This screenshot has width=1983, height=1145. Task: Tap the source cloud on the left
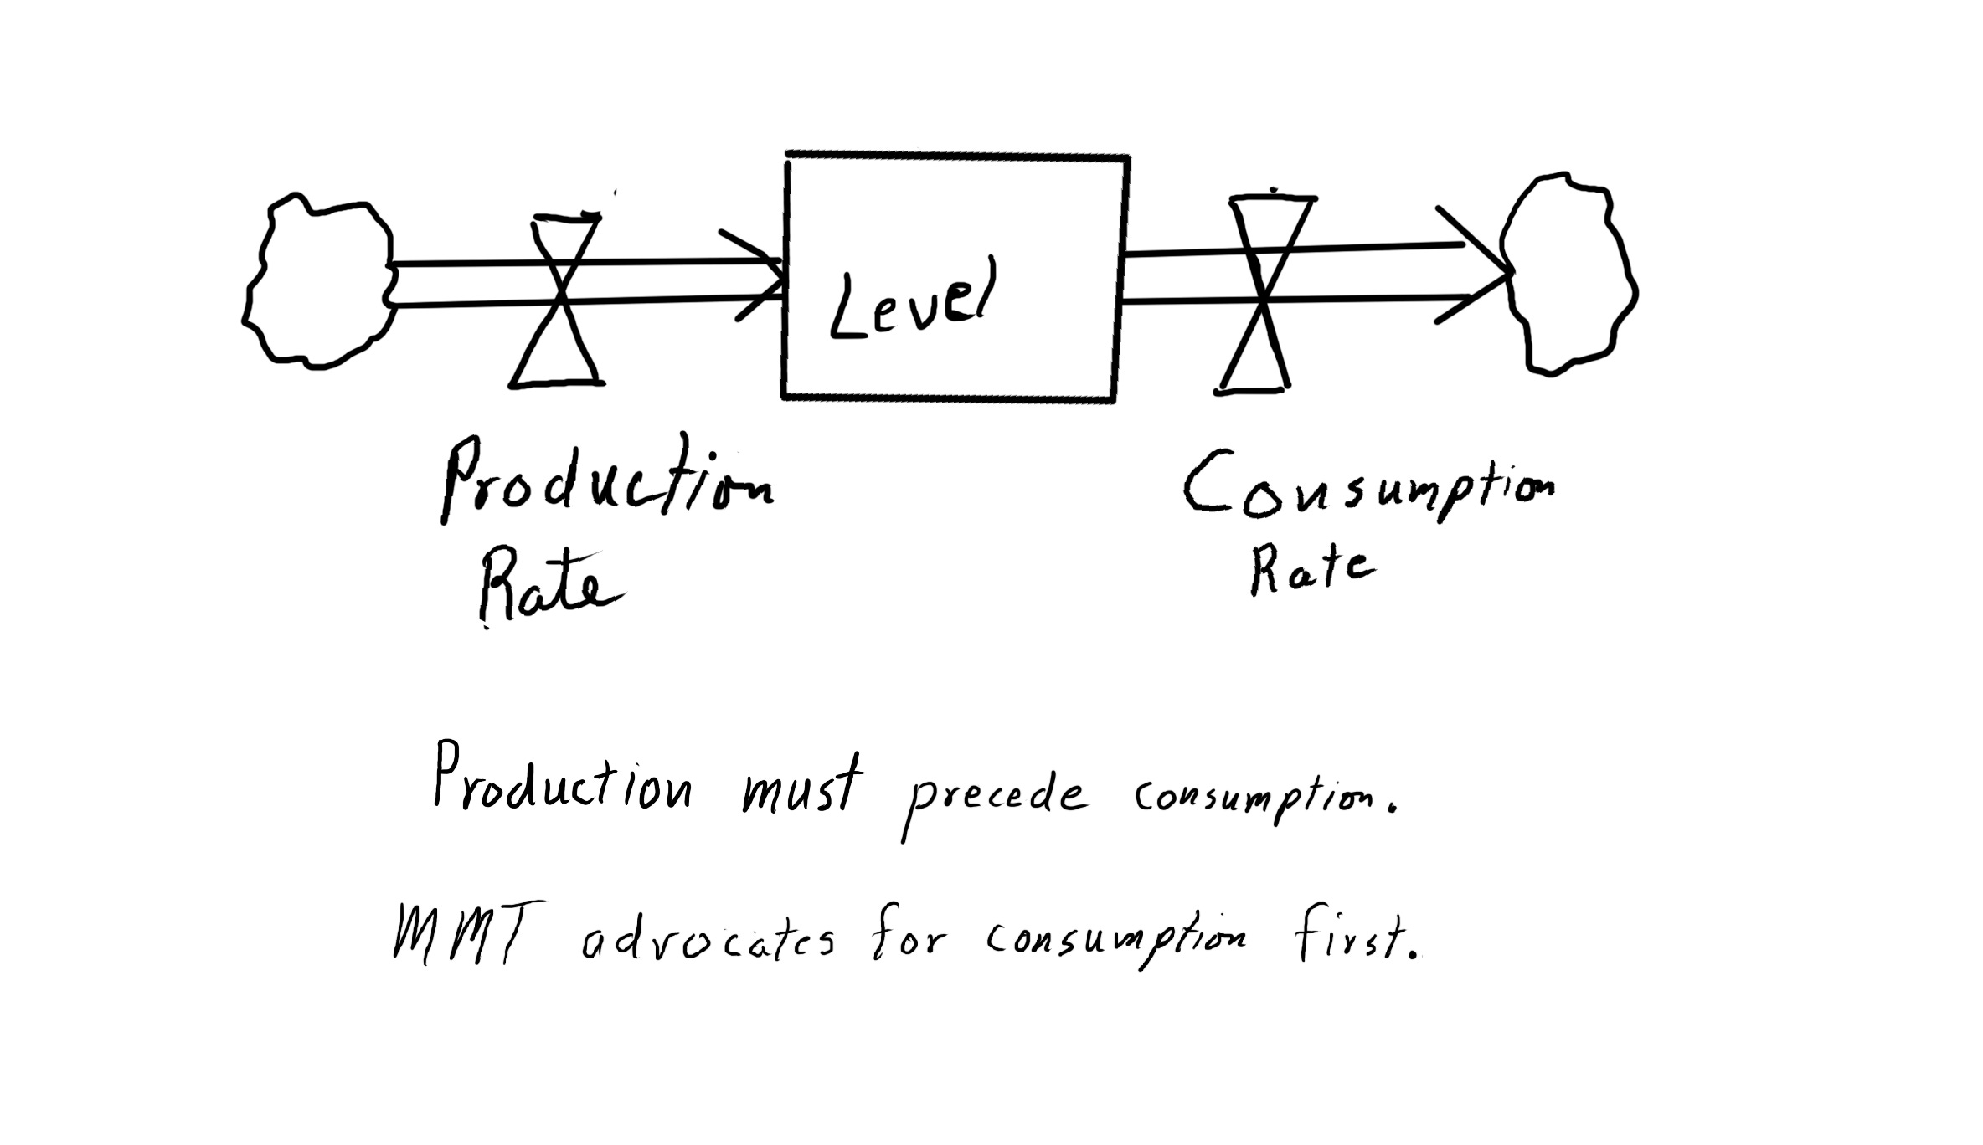[318, 281]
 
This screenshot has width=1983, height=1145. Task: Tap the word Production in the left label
[606, 481]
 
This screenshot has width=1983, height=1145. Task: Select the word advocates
[708, 942]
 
